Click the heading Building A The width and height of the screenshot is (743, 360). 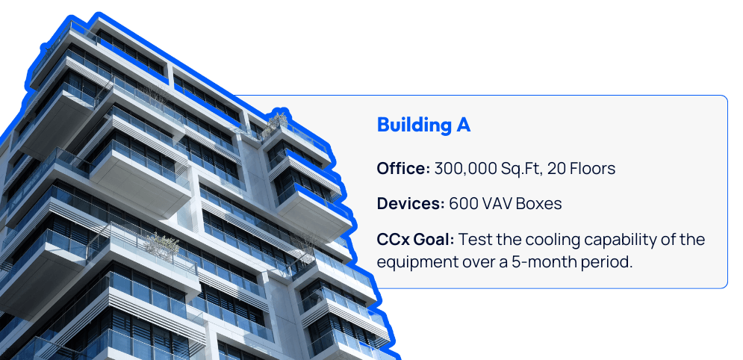tap(423, 125)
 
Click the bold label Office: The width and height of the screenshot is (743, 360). tap(403, 168)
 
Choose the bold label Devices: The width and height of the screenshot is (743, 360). tap(411, 204)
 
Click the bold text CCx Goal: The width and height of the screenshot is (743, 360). tap(416, 239)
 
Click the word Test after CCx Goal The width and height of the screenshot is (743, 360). tap(476, 239)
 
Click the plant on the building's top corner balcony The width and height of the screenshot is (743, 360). tap(276, 120)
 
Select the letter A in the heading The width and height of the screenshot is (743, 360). tap(462, 125)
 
